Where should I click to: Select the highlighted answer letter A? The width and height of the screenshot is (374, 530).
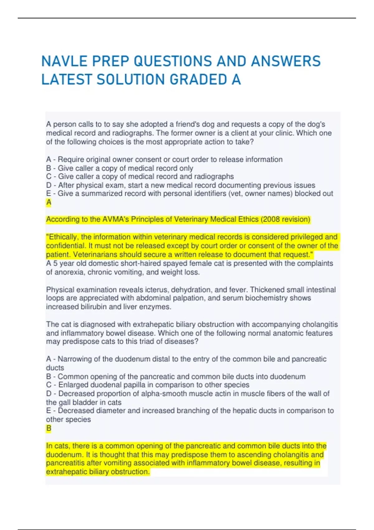click(x=49, y=203)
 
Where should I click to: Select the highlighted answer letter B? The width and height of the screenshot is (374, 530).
click(x=49, y=428)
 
